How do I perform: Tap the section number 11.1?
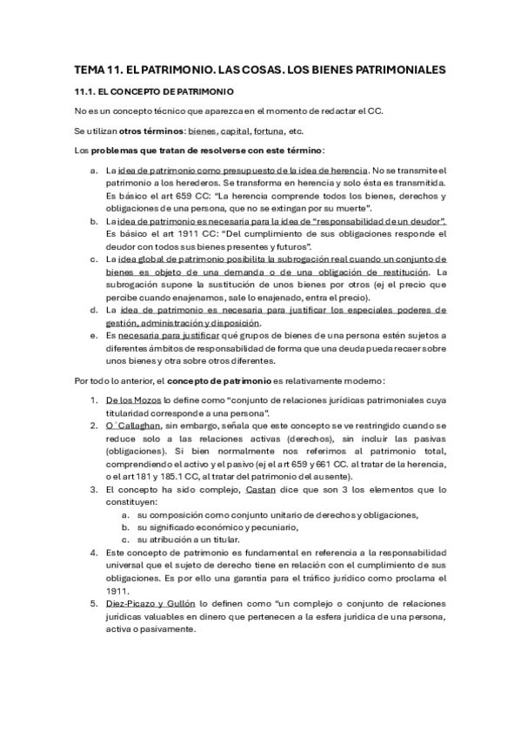(85, 91)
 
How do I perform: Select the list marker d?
(94, 309)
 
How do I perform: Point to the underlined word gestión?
(123, 323)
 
